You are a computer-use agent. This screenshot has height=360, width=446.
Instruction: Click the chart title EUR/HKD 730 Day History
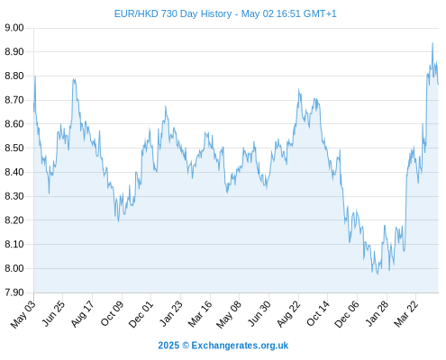click(173, 14)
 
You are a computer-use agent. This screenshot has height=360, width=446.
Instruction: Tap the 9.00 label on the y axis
click(14, 28)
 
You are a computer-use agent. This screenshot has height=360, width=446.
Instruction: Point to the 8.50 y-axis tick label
click(14, 148)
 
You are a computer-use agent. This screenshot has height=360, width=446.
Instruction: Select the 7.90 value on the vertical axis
click(14, 292)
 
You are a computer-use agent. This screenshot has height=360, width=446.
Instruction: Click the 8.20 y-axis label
click(14, 220)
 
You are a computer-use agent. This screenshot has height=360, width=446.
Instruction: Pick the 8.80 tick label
click(14, 76)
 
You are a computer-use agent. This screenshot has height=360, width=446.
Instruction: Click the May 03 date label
click(23, 314)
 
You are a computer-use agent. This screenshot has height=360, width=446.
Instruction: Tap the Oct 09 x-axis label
click(112, 313)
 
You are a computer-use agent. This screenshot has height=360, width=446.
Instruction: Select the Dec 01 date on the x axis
click(141, 314)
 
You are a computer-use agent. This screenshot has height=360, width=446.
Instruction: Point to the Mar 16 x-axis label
click(200, 314)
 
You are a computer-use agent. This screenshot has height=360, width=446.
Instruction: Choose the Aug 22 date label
click(288, 314)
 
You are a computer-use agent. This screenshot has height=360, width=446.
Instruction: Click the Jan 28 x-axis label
click(377, 314)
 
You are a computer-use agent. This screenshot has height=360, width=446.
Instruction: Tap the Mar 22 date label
click(405, 314)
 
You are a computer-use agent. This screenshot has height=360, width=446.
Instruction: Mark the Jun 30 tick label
click(259, 314)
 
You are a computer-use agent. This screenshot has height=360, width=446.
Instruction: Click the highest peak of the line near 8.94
click(432, 43)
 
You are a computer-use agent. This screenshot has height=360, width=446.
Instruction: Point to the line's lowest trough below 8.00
click(378, 274)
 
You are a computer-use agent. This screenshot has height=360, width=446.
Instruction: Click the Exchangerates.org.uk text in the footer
click(240, 346)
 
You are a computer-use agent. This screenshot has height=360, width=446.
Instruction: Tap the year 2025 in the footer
click(168, 346)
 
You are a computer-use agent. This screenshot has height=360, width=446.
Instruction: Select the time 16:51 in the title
click(288, 14)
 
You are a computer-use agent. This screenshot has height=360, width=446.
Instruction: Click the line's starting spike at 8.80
click(35, 76)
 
